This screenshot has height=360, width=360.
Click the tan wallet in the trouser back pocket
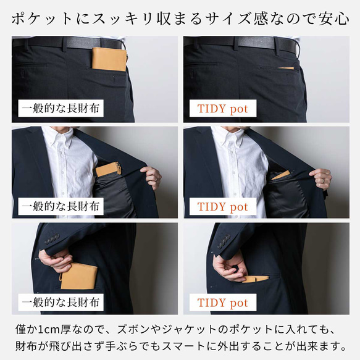coord(109,59)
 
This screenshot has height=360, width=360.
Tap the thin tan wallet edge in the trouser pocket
coord(286,68)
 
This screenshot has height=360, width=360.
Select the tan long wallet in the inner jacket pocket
coord(108,169)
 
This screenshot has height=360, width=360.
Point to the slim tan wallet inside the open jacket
coord(280,175)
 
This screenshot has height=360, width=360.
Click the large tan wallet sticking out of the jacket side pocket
coord(79,276)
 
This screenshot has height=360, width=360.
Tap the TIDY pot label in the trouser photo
coord(223,108)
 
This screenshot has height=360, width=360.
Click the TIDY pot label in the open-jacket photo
coord(223,206)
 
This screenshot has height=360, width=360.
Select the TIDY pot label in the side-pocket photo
coord(223,303)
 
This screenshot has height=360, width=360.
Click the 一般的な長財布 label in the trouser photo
coord(61,108)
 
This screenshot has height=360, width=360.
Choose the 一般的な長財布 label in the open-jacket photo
coord(61,206)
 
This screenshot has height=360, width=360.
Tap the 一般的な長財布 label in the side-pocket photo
coord(61,303)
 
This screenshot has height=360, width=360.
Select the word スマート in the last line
coord(183,346)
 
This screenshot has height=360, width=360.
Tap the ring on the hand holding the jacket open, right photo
coord(324,180)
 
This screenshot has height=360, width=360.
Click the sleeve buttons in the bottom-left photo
coord(52,239)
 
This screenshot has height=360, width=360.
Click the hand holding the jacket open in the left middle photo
coord(151,177)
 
